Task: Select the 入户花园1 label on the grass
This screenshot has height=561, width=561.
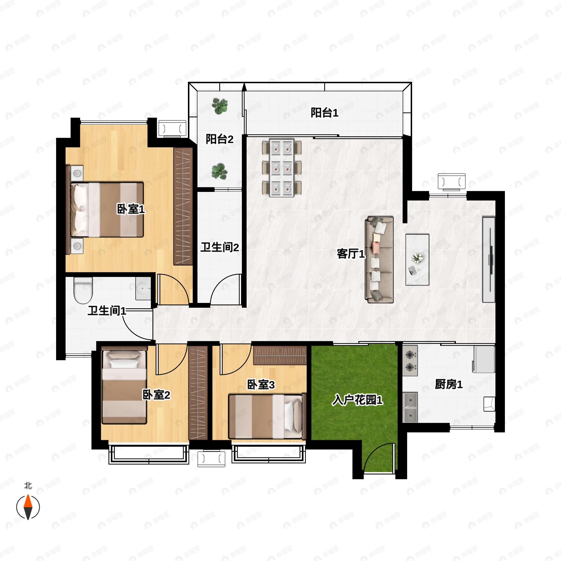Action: pos(357,400)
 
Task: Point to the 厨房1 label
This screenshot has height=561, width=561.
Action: pos(449,385)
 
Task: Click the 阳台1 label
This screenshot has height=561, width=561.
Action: pos(325,113)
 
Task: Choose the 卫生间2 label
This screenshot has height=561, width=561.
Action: pos(220,247)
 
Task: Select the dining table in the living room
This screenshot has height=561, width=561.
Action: pos(282,168)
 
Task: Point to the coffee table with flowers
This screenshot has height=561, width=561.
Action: pos(417,260)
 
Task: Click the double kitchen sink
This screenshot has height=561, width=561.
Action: pos(410,407)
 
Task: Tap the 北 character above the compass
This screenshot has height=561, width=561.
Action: pos(28,485)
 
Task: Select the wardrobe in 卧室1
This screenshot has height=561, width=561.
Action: pos(183,206)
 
